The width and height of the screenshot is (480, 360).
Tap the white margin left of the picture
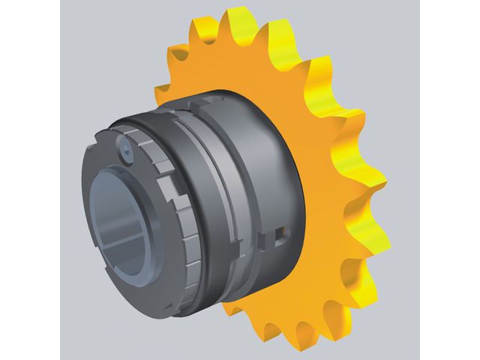pos(30,180)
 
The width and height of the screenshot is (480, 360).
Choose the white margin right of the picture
pos(450,180)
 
